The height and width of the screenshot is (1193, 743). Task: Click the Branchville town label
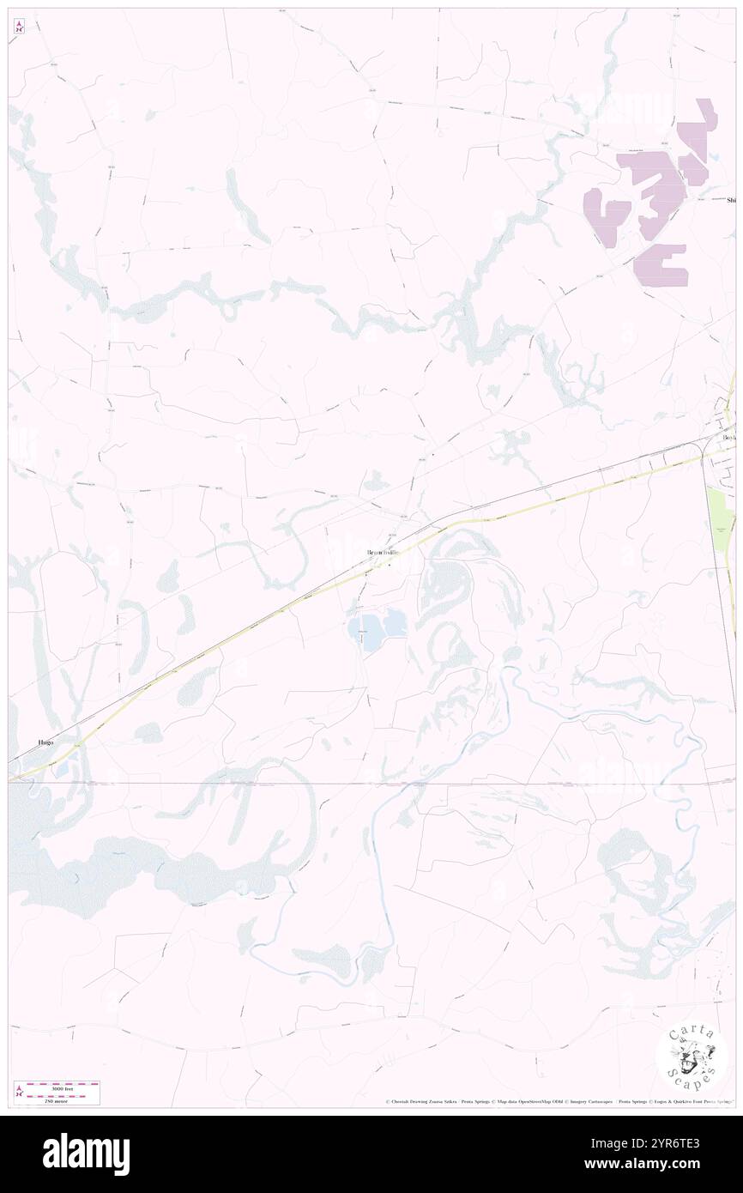[384, 553]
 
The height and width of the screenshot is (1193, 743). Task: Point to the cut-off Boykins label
[729, 438]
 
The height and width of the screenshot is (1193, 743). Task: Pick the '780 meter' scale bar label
[60, 1099]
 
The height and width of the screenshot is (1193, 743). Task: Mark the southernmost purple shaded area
[661, 264]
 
